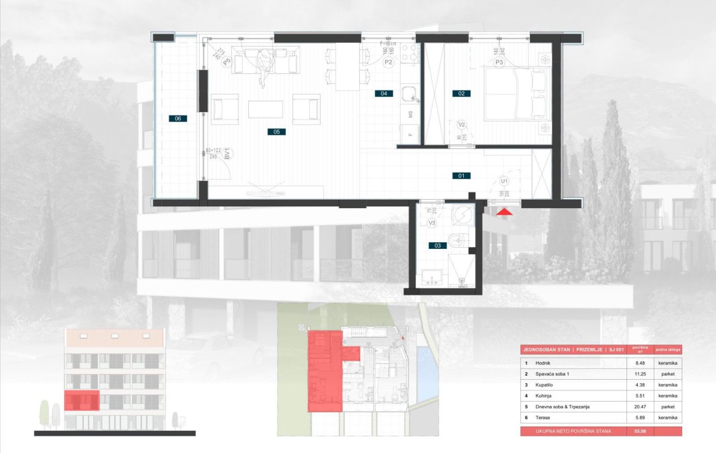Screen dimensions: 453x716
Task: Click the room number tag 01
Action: pos(461,176)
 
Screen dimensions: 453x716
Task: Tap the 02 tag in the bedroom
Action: pos(461,93)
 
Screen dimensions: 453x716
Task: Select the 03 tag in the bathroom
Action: pos(437,246)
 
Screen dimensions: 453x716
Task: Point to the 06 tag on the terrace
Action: pos(178,119)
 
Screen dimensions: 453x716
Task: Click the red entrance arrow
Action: pos(504,212)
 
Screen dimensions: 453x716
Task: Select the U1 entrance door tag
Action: pos(504,182)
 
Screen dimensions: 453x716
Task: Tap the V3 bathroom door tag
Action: pos(432,223)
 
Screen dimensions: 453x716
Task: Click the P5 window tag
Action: pos(227,63)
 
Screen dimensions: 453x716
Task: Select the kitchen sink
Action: pos(410,95)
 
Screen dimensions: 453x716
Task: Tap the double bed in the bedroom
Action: pos(515,94)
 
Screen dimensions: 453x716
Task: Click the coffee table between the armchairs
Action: pos(265,109)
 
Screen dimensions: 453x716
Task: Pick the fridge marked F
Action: pos(410,134)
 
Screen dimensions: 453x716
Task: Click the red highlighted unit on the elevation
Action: pos(82,401)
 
